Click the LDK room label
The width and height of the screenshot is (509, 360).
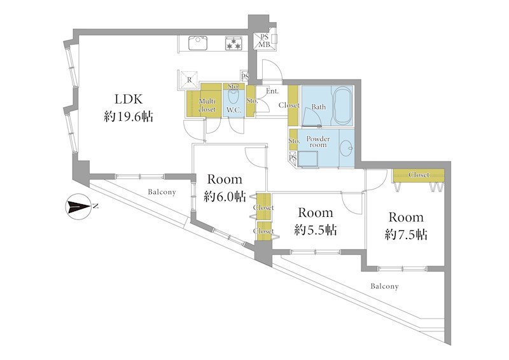129,99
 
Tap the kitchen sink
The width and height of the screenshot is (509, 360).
198,43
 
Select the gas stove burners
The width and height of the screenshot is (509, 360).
234,43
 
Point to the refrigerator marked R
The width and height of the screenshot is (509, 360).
189,80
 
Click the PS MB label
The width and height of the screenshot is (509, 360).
264,41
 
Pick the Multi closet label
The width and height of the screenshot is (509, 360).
207,105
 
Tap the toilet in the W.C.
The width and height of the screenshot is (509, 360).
234,96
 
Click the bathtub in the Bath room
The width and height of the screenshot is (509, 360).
343,105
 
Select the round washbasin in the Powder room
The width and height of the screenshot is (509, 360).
346,148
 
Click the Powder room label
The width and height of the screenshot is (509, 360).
318,142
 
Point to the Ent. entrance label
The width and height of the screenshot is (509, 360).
272,91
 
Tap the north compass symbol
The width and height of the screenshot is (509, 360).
78,207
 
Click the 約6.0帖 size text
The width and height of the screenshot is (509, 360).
225,197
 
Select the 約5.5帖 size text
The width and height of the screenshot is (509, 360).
315,230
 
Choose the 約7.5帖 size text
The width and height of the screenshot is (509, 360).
406,234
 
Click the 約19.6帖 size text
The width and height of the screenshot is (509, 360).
129,116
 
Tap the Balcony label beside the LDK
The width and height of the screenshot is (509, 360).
162,192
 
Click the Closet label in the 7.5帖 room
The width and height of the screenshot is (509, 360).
419,175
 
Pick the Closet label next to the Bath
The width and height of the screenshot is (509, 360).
289,105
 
